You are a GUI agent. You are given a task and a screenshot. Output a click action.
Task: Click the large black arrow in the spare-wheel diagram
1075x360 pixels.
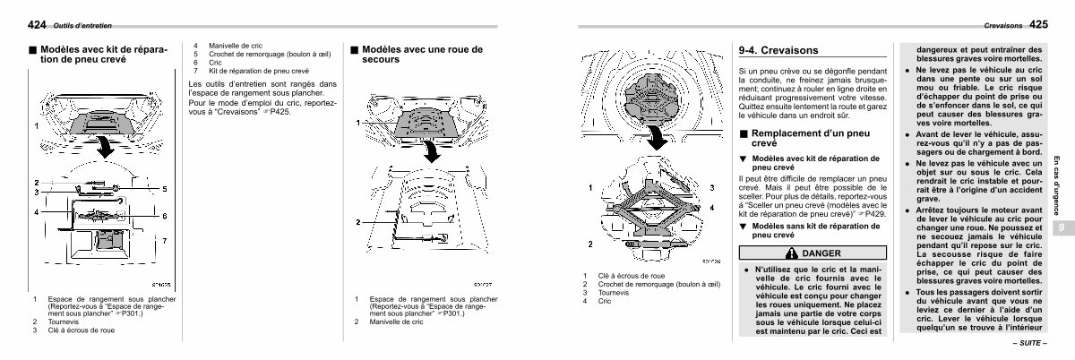(x=432, y=153)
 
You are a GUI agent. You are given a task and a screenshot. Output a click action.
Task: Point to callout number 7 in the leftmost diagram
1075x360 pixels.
(x=164, y=241)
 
